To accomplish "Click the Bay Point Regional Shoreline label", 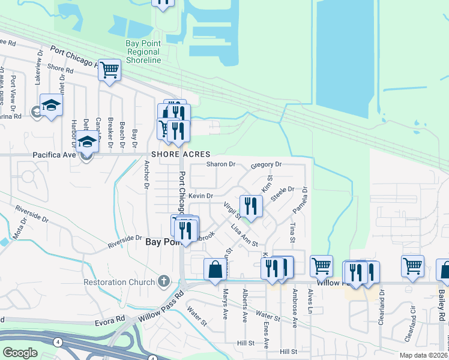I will [143, 52].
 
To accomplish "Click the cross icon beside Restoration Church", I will [163, 281].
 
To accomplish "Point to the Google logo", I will [20, 352].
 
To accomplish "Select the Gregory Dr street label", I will [266, 164].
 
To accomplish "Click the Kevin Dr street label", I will [200, 196].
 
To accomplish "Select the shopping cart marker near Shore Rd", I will [109, 70].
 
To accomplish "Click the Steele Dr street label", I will [282, 194].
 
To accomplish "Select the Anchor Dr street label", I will [146, 174].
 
